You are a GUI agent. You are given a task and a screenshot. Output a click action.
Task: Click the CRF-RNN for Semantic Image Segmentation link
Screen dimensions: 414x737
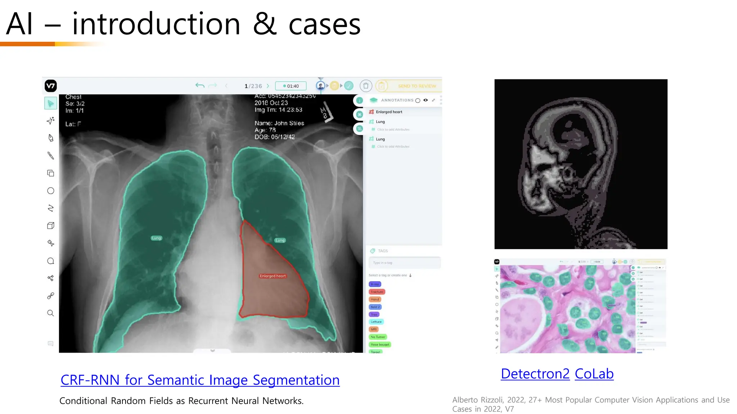[200, 380]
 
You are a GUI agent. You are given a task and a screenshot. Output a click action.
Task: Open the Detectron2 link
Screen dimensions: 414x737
[535, 374]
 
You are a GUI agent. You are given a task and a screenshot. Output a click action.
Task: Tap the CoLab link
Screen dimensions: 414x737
[594, 374]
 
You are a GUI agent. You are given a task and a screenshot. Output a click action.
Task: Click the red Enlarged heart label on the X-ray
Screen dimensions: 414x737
[272, 276]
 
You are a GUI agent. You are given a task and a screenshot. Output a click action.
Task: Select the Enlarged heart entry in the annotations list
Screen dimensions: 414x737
[389, 112]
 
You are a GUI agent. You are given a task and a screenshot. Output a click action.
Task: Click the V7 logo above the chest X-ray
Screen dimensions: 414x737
[51, 86]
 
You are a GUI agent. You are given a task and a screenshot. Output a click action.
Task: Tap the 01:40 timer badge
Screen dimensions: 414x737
[291, 86]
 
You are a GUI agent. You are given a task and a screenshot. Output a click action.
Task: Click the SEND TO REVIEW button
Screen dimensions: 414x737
[417, 86]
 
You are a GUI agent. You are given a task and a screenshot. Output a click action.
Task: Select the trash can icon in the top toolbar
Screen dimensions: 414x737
[366, 86]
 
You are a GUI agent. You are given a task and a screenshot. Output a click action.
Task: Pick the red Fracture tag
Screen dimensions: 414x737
[377, 292]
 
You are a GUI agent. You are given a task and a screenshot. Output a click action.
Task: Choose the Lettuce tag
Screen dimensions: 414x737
[376, 322]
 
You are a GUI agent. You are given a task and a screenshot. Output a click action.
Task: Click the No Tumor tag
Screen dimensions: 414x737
[377, 337]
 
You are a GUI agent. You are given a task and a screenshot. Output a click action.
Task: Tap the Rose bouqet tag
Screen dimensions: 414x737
[380, 344]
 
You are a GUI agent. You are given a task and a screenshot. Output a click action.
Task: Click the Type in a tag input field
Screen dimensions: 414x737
[404, 263]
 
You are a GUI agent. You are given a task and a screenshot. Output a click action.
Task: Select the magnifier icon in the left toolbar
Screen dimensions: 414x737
[51, 313]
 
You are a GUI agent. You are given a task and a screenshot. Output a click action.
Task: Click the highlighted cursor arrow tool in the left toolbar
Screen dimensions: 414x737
[51, 103]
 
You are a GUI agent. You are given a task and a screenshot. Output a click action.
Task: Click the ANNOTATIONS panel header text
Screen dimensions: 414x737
[397, 100]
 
